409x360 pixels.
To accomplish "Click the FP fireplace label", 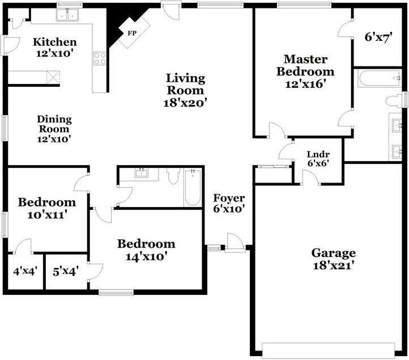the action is tap(132, 33).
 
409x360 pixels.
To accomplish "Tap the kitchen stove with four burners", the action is tap(100, 58).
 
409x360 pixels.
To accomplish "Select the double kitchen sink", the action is tap(67, 15).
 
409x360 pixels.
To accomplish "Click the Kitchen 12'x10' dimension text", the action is tap(54, 53).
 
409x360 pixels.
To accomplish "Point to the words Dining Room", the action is tap(54, 124).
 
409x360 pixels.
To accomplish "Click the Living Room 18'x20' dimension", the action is tap(185, 103).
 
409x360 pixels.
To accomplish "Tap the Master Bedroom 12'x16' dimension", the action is tap(306, 84).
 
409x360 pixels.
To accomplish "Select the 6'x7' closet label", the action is tap(378, 37).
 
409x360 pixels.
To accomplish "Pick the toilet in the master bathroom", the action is tap(394, 101).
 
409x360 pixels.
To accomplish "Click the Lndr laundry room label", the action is tap(318, 154).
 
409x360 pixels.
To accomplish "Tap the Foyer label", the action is tap(229, 198).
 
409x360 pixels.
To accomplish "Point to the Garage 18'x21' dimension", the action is tap(333, 265).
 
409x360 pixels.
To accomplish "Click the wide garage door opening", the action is tap(328, 350).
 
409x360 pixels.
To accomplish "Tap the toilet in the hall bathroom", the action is tap(173, 176).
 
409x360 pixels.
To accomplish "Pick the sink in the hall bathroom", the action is tap(142, 173).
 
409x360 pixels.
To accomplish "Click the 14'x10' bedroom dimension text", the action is tap(146, 257).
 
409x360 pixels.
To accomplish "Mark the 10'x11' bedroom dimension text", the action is tap(47, 215).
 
